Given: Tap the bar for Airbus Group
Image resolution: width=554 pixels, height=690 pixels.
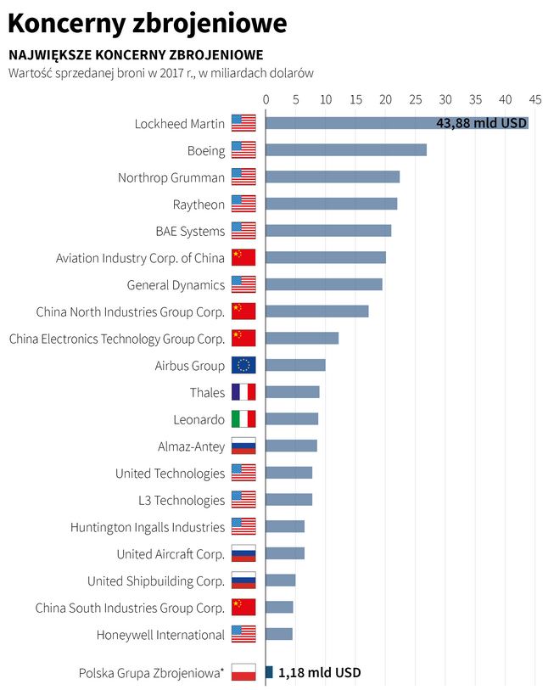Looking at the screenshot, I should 295,365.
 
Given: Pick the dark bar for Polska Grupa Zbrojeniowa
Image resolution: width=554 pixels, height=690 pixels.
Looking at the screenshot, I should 269,672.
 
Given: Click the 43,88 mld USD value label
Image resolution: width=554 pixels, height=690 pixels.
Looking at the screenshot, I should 481,123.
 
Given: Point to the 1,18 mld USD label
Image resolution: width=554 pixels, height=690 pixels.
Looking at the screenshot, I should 319,672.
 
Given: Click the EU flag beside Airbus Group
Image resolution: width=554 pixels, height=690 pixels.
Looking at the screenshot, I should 243,366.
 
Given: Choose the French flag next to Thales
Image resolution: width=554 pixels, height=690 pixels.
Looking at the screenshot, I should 243,392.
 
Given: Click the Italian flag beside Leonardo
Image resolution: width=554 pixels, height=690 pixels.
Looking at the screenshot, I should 243,419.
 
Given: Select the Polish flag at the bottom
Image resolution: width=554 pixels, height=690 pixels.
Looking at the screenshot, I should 243,672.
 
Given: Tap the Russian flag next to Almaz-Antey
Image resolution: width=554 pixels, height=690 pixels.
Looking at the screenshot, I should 243,446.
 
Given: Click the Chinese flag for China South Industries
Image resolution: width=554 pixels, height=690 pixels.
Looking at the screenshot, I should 243,608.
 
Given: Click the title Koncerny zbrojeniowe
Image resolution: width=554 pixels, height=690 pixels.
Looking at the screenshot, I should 147,23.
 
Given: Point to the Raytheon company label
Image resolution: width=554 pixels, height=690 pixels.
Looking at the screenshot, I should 199,205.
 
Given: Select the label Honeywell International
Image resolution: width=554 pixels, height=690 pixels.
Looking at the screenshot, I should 160,635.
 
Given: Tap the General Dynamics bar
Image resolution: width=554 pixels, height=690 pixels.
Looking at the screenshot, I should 323,284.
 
